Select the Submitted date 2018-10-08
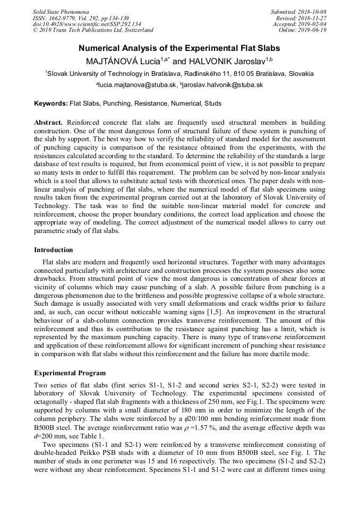pyautogui.click(x=311, y=12)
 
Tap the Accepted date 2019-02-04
pyautogui.click(x=311, y=24)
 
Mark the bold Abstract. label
pyautogui.click(x=49, y=123)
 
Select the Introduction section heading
pyautogui.click(x=54, y=250)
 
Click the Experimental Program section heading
pyautogui.click(x=70, y=373)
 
